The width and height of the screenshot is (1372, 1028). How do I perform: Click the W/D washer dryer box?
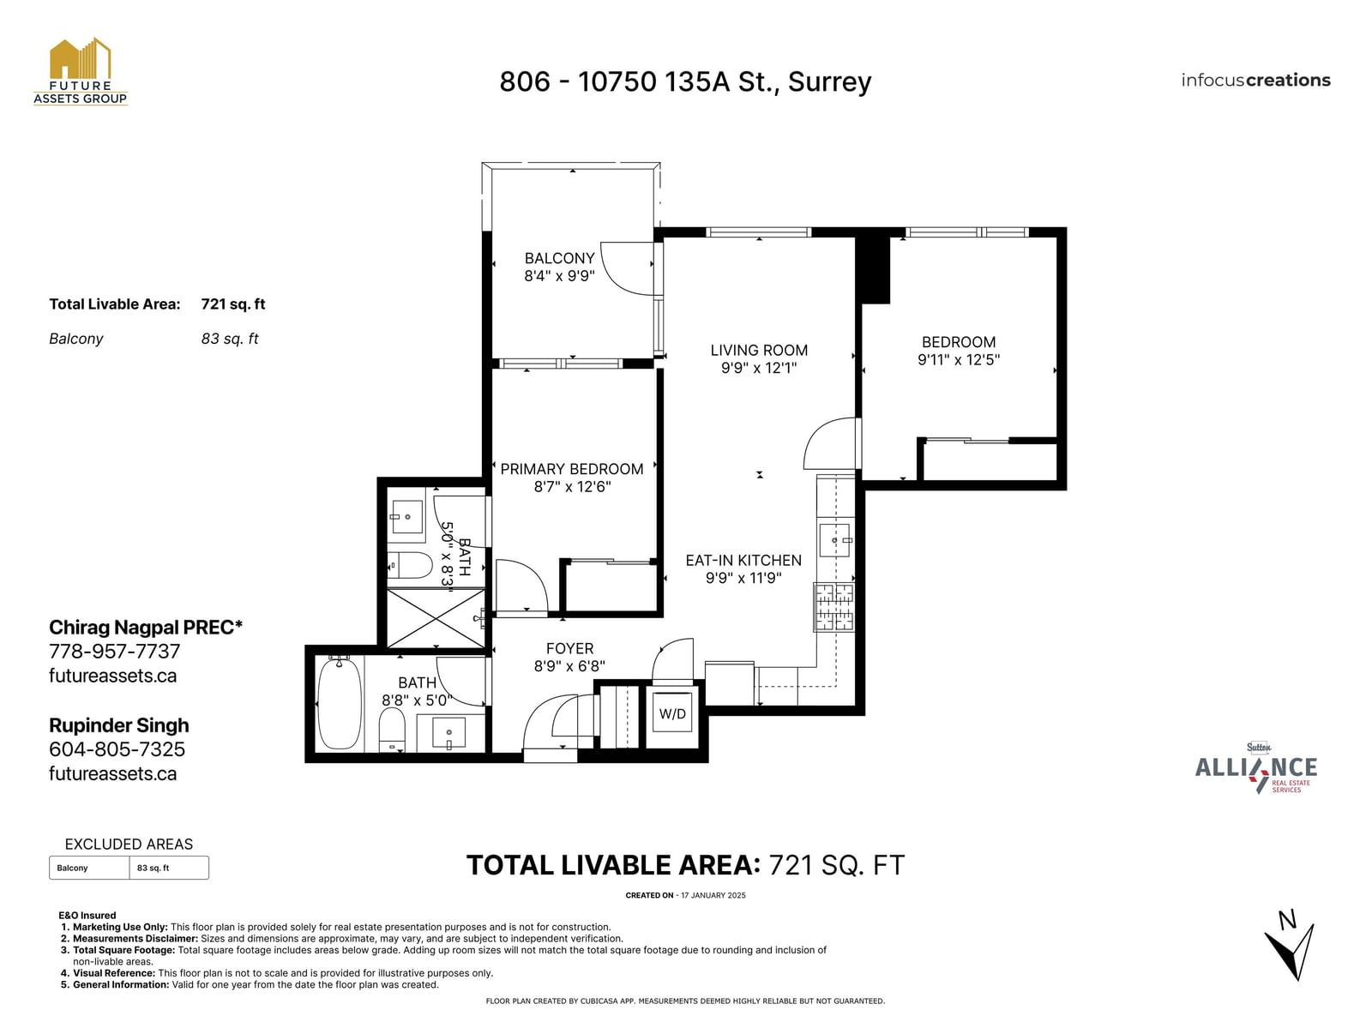[672, 713]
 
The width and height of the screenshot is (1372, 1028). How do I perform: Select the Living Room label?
[759, 351]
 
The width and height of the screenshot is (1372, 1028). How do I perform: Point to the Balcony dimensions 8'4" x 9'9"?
[559, 275]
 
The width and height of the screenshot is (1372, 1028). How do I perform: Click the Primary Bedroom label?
[572, 469]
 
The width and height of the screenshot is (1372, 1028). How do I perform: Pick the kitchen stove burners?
[833, 607]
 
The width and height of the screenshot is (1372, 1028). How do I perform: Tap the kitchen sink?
[834, 540]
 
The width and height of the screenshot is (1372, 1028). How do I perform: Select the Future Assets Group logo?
[81, 71]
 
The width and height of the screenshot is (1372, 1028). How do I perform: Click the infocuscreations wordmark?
[1255, 80]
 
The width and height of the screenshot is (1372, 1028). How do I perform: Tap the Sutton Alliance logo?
[1256, 768]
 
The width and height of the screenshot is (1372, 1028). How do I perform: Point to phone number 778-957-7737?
[114, 651]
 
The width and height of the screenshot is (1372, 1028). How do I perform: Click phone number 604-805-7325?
[117, 748]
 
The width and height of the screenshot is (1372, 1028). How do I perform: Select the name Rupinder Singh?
[118, 724]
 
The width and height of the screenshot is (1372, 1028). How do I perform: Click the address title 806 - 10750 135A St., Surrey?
[685, 81]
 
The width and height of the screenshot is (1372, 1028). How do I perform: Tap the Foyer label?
[569, 649]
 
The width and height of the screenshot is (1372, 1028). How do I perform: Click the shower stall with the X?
[436, 618]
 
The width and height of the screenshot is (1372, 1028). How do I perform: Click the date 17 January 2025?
[713, 895]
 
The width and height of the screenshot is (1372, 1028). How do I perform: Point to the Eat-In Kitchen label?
[743, 561]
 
